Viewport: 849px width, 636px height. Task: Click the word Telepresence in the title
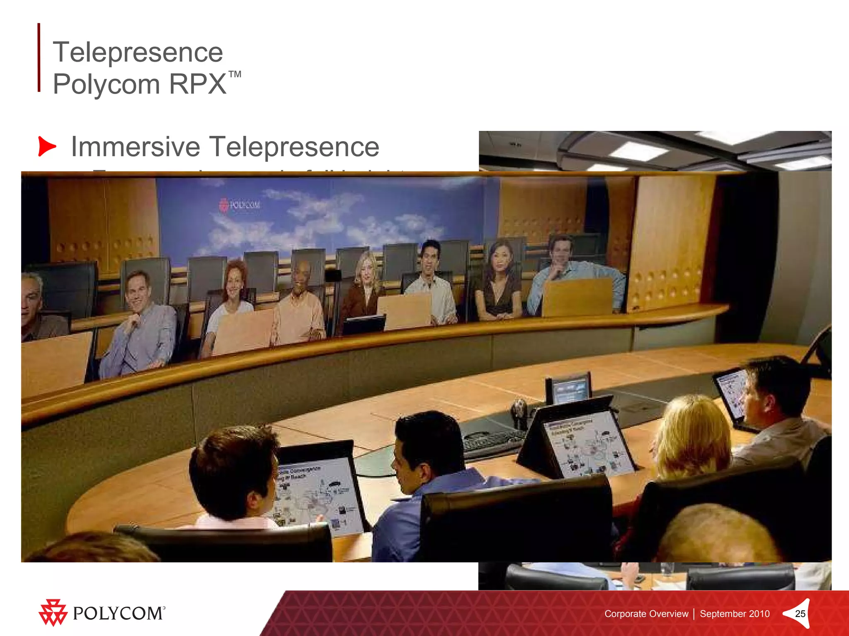pyautogui.click(x=138, y=53)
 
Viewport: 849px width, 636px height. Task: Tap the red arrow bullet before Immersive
pyautogui.click(x=47, y=146)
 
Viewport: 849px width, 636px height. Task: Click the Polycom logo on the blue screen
pyautogui.click(x=239, y=205)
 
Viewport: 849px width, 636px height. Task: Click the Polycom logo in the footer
pyautogui.click(x=102, y=613)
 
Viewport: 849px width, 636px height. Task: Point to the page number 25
pyautogui.click(x=800, y=614)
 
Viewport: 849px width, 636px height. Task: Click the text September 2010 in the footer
pyautogui.click(x=735, y=614)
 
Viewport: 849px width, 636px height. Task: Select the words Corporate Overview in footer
pyautogui.click(x=646, y=614)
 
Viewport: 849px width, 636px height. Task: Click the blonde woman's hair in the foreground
pyautogui.click(x=692, y=431)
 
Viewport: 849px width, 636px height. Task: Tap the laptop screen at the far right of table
pyautogui.click(x=732, y=393)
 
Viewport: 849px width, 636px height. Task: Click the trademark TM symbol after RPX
pyautogui.click(x=235, y=75)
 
